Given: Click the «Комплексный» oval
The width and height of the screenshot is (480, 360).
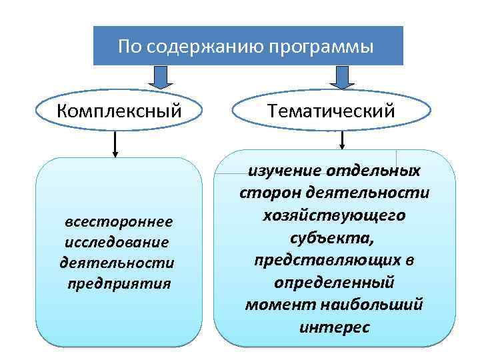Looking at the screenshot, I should (119, 109).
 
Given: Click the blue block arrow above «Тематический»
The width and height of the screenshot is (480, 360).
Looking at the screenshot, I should (342, 77).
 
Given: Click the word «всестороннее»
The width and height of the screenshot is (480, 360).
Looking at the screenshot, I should (118, 221).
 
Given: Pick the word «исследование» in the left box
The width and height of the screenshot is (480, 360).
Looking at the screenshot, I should (116, 241).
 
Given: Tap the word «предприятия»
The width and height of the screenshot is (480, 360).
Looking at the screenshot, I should (119, 283).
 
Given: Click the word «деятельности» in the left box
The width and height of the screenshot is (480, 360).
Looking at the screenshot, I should (117, 262).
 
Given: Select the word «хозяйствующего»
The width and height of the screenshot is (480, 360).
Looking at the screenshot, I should (334, 215).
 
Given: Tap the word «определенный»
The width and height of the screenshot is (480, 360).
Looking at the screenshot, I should (334, 282).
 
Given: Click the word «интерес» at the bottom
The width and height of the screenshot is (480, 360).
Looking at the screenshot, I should (334, 327).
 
